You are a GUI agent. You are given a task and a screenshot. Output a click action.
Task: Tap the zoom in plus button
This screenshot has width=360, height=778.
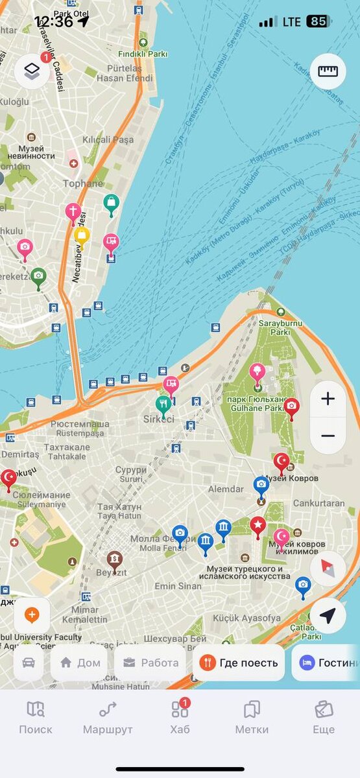(328, 399)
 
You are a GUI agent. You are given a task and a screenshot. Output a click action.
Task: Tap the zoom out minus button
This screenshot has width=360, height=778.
(328, 436)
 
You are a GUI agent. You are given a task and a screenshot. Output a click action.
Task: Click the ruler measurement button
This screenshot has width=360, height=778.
(328, 71)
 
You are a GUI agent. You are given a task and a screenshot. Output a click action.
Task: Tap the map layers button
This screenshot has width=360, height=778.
(32, 71)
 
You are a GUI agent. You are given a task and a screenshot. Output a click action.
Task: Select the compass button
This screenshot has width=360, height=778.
(328, 569)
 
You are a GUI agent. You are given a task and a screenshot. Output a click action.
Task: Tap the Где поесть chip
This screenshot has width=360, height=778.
(239, 663)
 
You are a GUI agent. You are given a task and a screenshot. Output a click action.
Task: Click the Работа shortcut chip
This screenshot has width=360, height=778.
(150, 663)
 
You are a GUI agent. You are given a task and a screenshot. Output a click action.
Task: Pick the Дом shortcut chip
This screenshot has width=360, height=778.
(79, 663)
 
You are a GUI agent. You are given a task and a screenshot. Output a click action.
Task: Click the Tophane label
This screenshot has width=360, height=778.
(82, 183)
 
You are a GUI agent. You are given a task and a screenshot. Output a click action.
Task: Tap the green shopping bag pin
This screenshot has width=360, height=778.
(112, 204)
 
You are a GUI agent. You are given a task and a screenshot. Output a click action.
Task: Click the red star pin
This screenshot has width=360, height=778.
(258, 526)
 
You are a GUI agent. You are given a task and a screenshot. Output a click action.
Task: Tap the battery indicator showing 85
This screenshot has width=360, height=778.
(318, 21)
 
